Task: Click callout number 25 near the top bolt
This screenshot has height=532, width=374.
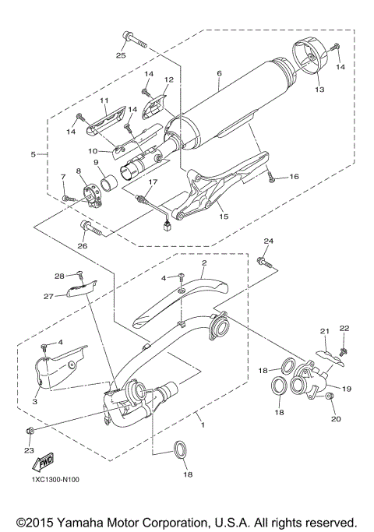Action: (121, 55)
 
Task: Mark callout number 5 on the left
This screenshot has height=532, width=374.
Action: (33, 154)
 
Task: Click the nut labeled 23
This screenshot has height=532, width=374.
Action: (30, 430)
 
